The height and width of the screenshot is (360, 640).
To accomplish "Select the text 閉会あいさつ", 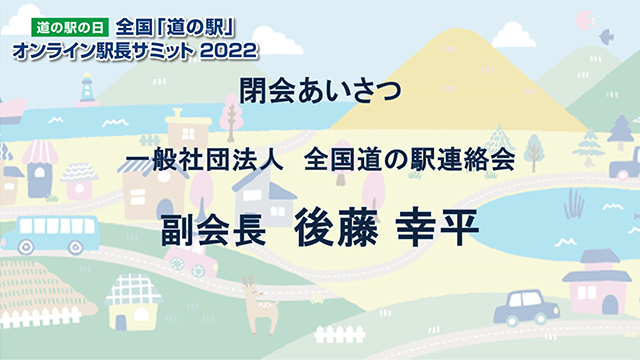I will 320,92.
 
